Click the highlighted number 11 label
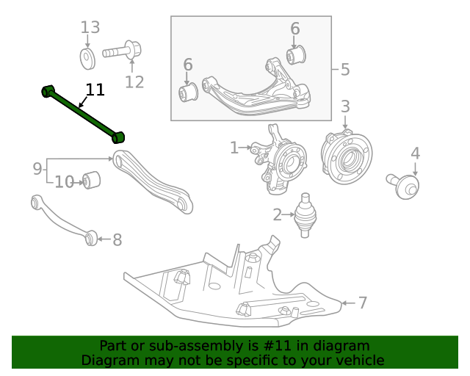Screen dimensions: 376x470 click(x=95, y=90)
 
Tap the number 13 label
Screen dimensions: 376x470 click(x=90, y=28)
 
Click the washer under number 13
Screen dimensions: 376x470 click(x=87, y=57)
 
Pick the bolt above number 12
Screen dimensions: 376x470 click(x=121, y=52)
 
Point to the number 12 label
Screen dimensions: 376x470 click(x=134, y=82)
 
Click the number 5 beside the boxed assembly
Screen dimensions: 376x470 click(x=345, y=70)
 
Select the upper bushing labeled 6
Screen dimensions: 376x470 click(x=297, y=54)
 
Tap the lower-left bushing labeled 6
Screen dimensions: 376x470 click(x=189, y=93)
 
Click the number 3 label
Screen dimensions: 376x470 click(x=345, y=106)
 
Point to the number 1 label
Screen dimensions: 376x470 click(x=234, y=148)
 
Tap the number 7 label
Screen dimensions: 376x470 click(x=362, y=302)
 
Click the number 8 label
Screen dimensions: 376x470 click(x=117, y=239)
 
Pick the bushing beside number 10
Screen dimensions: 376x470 click(x=92, y=179)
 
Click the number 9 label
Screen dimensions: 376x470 click(x=37, y=170)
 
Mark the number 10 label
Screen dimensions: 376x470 click(x=65, y=181)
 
